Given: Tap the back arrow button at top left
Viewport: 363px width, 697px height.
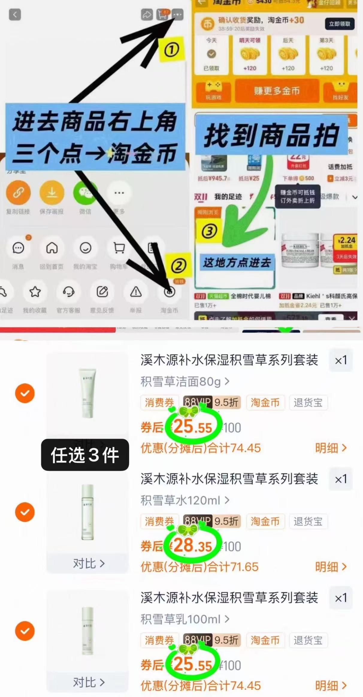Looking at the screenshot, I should click(x=15, y=14).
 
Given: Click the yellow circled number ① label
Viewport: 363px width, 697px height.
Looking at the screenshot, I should click(x=171, y=49).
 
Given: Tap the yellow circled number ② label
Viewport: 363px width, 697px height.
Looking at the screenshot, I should click(x=179, y=266).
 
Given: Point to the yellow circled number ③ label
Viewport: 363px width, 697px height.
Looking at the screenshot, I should click(x=209, y=231).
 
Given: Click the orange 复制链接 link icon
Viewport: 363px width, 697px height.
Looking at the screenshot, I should click(x=18, y=193).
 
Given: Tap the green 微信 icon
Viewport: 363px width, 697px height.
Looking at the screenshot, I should click(x=85, y=193).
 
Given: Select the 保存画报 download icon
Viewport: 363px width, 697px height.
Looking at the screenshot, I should click(x=52, y=193).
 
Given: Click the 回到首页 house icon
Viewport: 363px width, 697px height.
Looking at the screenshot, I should click(x=52, y=248).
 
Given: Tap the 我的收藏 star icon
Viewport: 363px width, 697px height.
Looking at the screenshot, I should click(x=35, y=291).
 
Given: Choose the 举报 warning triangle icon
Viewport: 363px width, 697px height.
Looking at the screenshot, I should click(x=136, y=291).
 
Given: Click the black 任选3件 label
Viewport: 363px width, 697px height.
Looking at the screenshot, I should click(x=85, y=455).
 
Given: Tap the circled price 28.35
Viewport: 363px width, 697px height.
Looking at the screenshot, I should click(x=193, y=545).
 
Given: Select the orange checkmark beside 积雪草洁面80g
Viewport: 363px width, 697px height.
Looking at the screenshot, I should click(x=25, y=393).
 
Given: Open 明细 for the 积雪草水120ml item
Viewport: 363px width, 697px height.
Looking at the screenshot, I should click(x=331, y=567).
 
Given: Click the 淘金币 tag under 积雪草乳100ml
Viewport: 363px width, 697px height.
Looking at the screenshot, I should click(x=265, y=640).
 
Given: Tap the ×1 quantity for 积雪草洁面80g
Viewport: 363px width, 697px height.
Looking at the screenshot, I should click(x=341, y=360).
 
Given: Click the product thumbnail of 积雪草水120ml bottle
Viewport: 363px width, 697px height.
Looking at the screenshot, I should click(x=87, y=512).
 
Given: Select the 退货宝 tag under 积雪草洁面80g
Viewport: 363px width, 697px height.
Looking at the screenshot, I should click(x=308, y=403).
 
